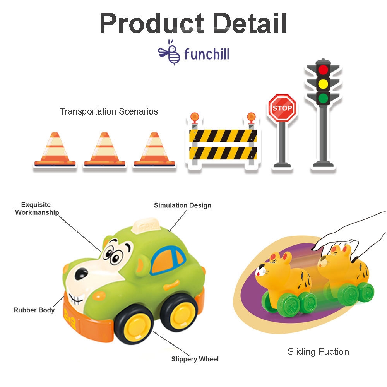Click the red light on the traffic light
[x=323, y=70]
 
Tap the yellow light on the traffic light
[x=323, y=84]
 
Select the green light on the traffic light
[x=323, y=97]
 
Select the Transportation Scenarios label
[x=109, y=111]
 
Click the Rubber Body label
[x=34, y=310]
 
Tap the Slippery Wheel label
[x=195, y=359]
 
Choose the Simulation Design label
[x=183, y=205]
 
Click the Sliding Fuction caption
[x=318, y=351]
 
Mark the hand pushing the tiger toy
[x=348, y=232]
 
